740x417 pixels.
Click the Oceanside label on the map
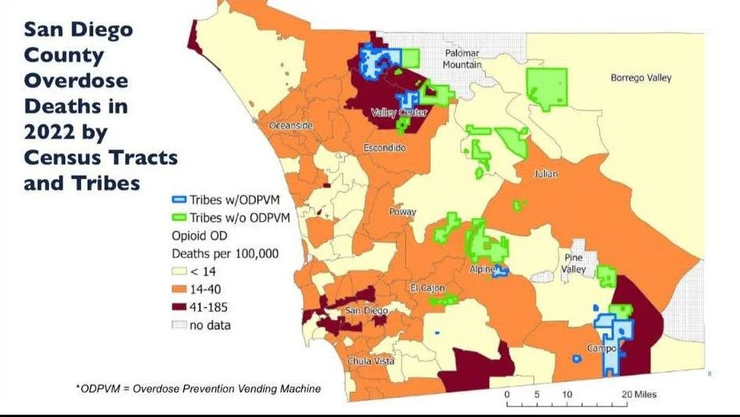point(291,125)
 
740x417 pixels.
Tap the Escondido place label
point(385,147)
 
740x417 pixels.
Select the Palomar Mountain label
point(462,59)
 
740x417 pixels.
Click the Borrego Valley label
point(641,78)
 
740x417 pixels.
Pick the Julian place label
point(546,173)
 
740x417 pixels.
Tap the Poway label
point(403,212)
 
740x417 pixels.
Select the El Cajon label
point(425,289)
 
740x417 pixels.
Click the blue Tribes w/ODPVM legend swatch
point(180,199)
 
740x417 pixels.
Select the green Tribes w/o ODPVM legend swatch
point(180,217)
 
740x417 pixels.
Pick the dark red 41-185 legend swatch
point(180,307)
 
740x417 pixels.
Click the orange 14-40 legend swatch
point(180,289)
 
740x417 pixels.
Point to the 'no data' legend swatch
point(180,325)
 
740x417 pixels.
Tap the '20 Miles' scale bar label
point(639,394)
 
